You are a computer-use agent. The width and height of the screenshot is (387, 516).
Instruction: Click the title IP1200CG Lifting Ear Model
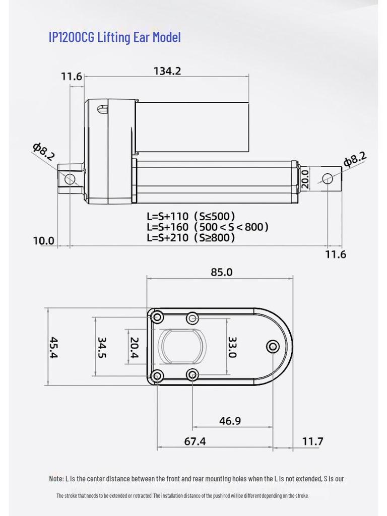tap(114, 37)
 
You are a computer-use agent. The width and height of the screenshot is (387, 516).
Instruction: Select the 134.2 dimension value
tap(167, 71)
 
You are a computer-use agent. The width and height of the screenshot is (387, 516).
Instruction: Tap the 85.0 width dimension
tap(221, 272)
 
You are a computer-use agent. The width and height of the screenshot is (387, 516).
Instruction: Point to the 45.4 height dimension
tap(53, 347)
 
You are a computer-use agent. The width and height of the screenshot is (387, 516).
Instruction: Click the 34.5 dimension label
tap(101, 348)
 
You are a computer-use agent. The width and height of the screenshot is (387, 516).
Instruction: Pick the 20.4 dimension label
tap(134, 348)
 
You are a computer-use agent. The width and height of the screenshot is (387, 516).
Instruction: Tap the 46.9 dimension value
tap(230, 420)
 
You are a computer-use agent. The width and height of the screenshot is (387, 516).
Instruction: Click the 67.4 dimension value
tap(195, 441)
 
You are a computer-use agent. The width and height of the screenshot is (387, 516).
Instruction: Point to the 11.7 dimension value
tap(312, 442)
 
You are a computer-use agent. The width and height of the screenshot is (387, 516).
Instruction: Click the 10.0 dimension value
tap(43, 241)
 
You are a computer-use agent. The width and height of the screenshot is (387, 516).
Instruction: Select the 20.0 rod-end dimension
tap(304, 179)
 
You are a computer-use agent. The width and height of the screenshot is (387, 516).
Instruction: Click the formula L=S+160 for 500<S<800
tap(207, 227)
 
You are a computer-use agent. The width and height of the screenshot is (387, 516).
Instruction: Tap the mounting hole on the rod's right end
tap(328, 178)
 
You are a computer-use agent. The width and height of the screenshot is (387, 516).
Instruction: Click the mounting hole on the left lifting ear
tap(70, 178)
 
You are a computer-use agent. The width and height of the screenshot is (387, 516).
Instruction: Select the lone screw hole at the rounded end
tap(274, 347)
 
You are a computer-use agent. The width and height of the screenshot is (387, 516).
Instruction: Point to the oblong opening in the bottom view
tap(182, 347)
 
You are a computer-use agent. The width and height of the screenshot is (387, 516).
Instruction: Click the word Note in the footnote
tap(56, 479)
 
